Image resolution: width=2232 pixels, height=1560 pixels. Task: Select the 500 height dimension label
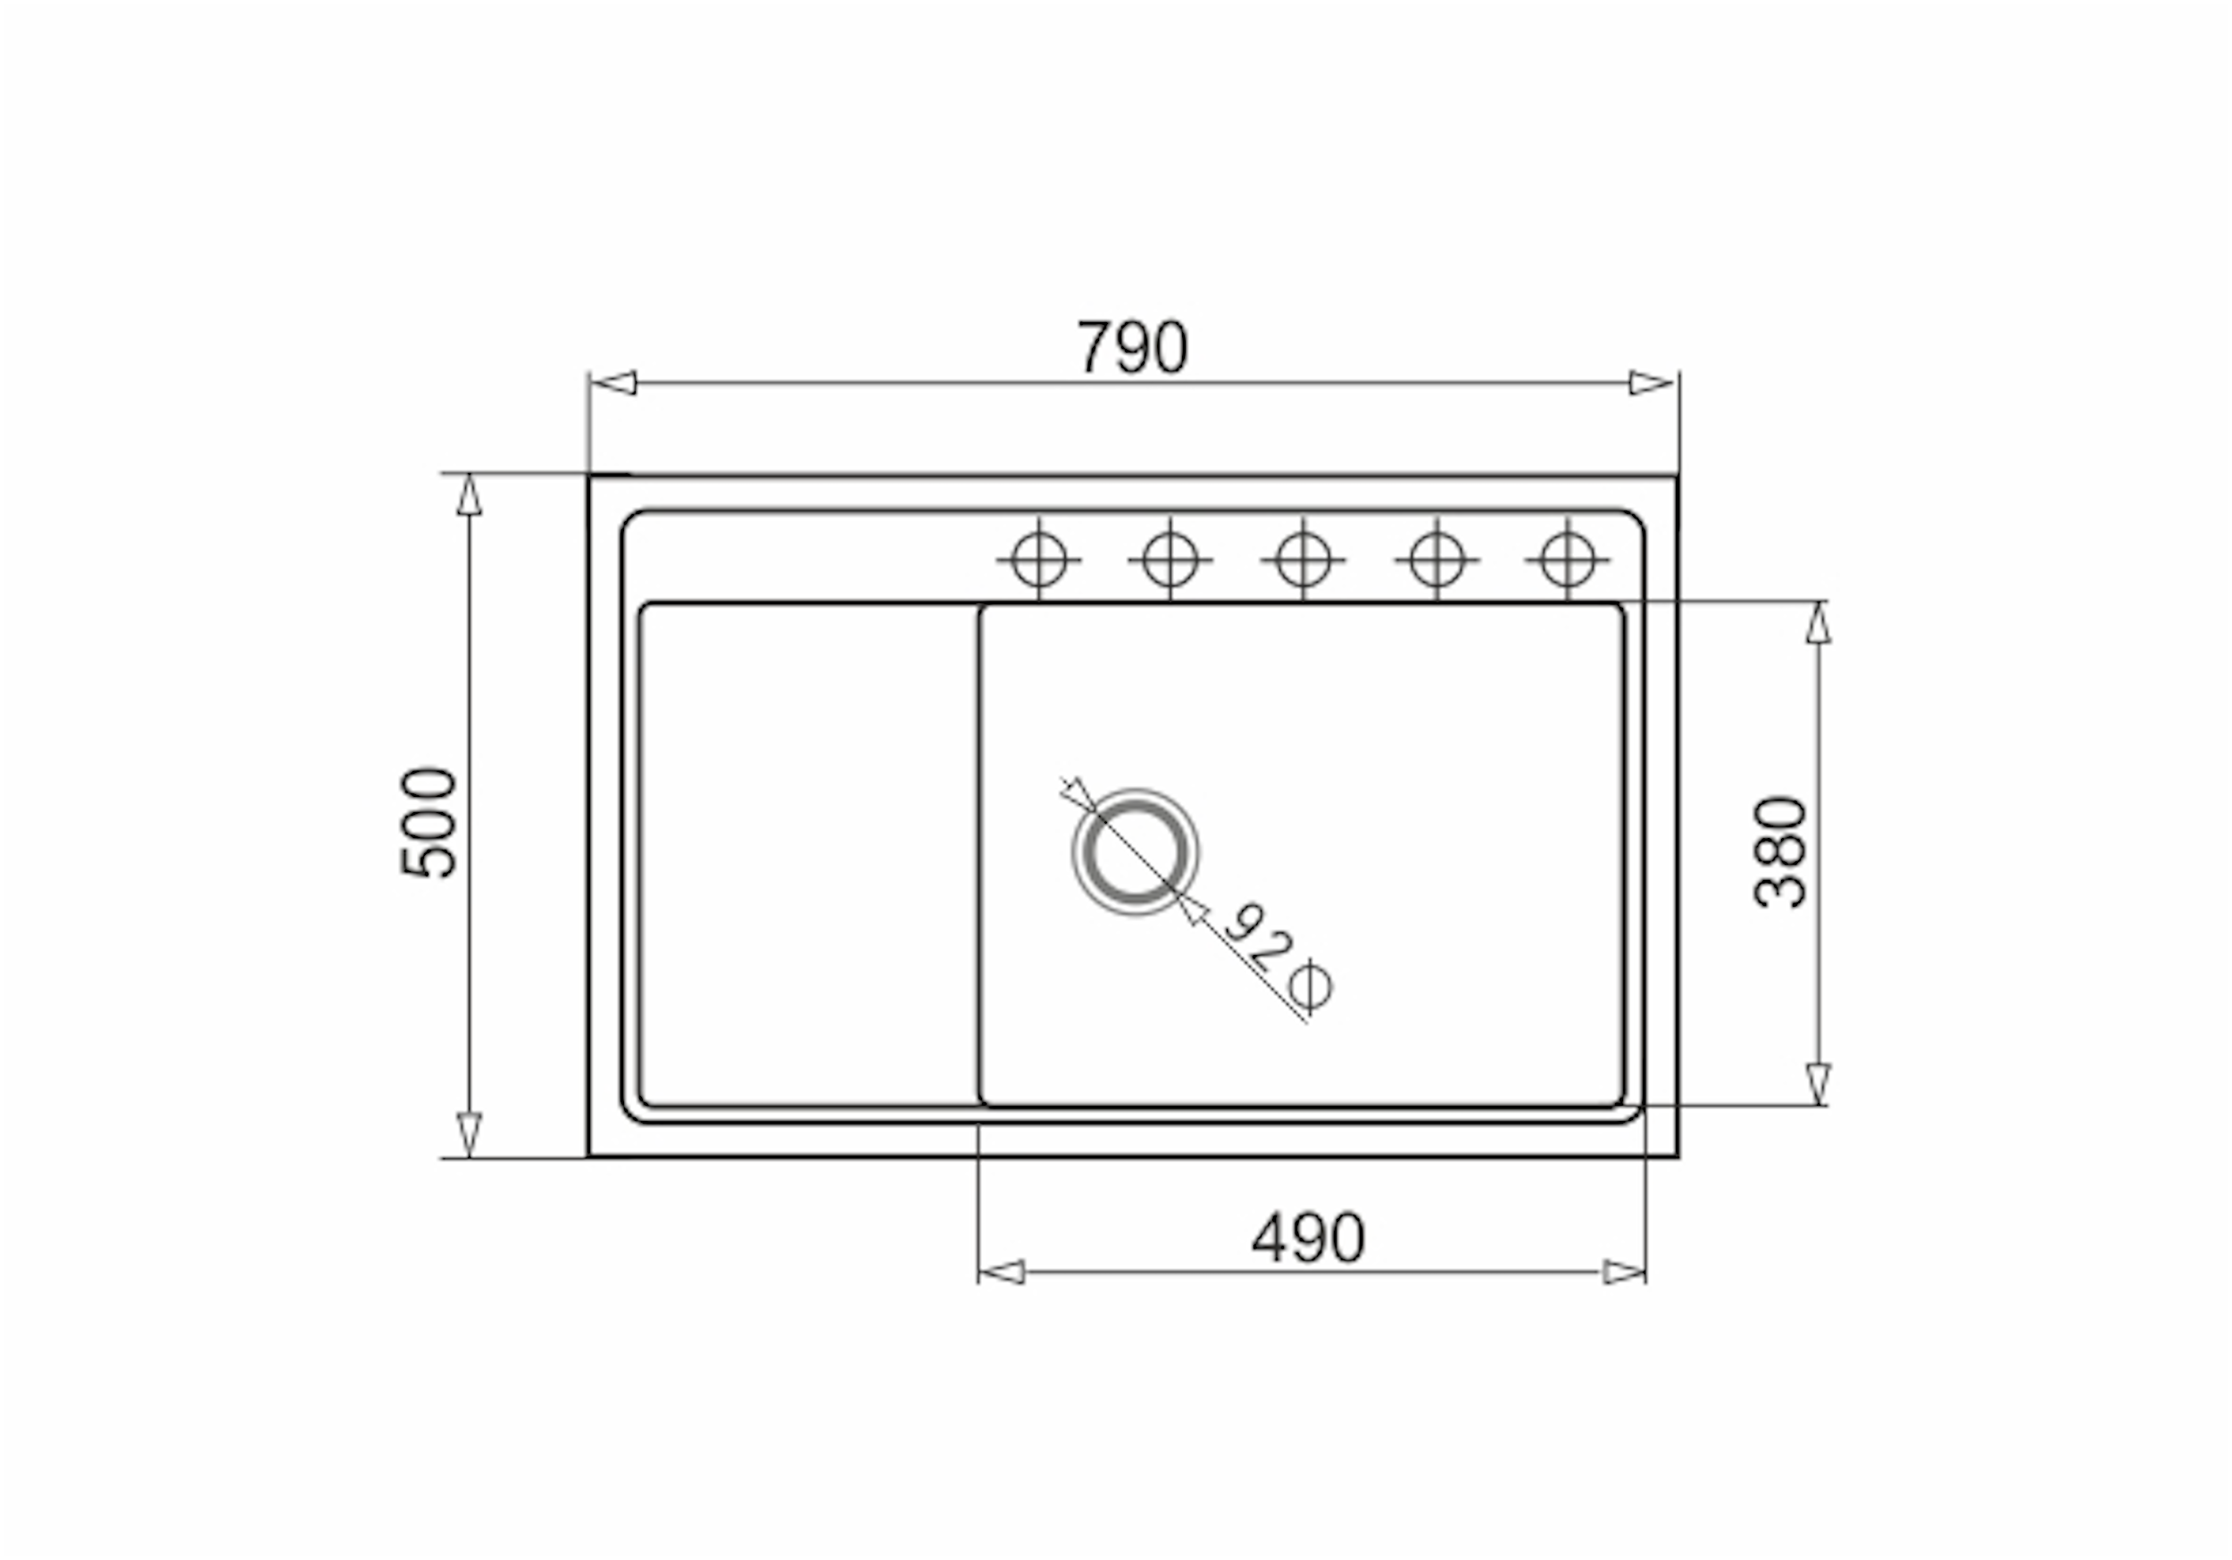pos(429,823)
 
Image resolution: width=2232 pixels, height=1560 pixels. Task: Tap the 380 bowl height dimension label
pos(1781,852)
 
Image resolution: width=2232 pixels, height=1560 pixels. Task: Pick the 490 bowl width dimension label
pos(1309,1237)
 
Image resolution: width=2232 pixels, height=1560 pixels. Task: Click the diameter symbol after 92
pos(1311,985)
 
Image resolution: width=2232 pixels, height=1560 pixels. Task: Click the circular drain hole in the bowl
pos(1135,852)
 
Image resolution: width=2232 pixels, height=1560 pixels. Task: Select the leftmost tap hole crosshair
pos(1038,560)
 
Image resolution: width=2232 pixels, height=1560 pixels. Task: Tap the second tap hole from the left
pos(1170,560)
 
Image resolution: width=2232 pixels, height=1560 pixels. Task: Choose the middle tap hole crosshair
pos(1303,560)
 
